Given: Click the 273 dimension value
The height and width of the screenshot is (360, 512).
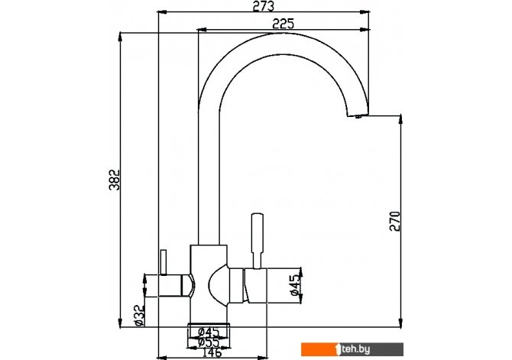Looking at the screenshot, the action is click(263, 6).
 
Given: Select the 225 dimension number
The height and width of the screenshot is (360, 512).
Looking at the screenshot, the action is click(283, 24).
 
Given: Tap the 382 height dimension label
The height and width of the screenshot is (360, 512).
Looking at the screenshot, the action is click(115, 180).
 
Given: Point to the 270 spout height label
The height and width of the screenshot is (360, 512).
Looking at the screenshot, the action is click(395, 221).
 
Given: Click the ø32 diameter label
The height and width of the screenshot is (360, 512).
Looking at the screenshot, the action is click(139, 315).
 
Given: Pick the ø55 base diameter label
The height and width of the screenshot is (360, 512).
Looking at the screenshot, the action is click(209, 342).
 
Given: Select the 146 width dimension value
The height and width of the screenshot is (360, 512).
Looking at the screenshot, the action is click(212, 352).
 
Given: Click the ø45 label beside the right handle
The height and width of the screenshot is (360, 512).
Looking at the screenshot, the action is click(295, 285).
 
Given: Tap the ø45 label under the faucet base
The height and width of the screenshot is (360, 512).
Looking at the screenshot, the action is click(209, 332).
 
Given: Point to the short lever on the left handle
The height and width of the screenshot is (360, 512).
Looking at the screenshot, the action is click(164, 262).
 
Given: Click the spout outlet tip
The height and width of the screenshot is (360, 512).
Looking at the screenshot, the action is click(358, 115).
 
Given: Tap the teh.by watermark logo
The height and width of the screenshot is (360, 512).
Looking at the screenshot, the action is click(352, 349).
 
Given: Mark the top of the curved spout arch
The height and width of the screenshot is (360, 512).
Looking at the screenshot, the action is click(283, 34).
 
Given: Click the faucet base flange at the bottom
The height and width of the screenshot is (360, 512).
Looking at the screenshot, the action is click(209, 324).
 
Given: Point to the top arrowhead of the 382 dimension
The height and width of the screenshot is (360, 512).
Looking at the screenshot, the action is click(120, 37).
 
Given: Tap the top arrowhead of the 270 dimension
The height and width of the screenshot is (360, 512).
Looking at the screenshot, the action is click(400, 119).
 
